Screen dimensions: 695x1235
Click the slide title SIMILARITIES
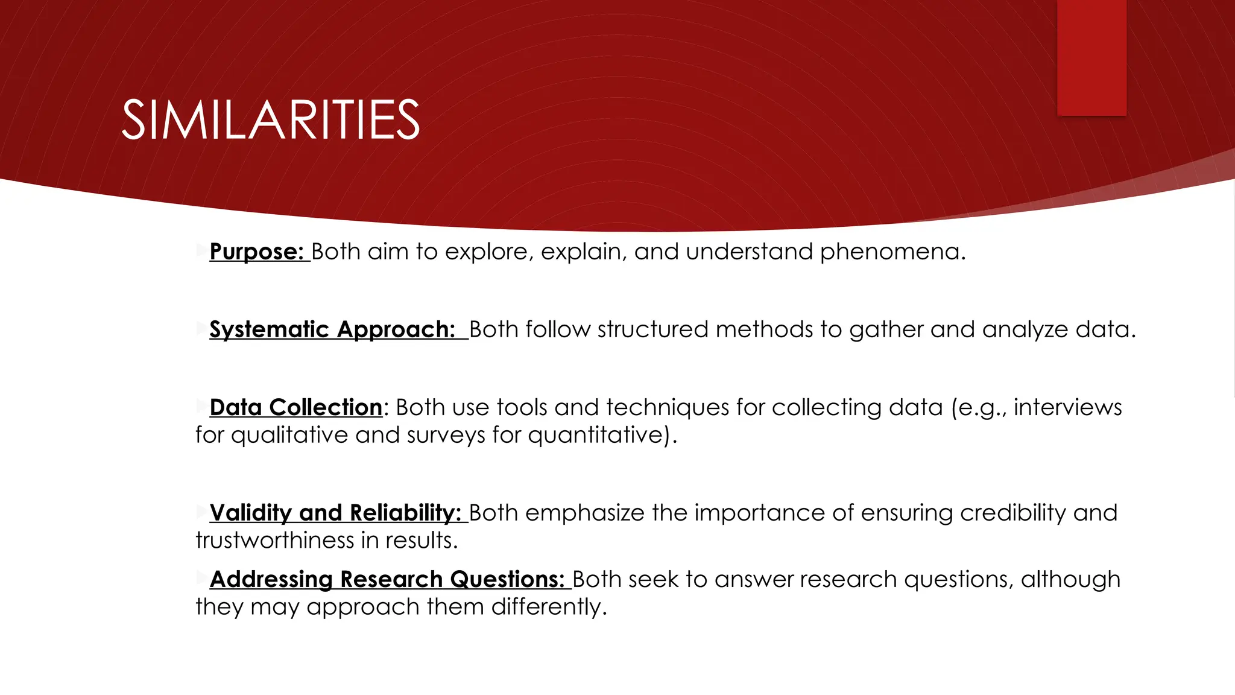tap(270, 120)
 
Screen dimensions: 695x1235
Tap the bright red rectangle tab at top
tap(1091, 57)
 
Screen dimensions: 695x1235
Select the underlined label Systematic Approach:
tap(332, 329)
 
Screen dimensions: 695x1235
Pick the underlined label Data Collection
tap(296, 407)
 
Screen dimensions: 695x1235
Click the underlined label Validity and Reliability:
tap(335, 513)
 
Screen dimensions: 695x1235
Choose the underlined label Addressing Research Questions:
tap(387, 579)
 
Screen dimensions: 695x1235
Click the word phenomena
tap(892, 252)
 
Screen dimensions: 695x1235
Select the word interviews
tap(1067, 407)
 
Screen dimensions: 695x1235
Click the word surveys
tap(446, 435)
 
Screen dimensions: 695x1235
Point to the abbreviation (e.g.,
tap(978, 407)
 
